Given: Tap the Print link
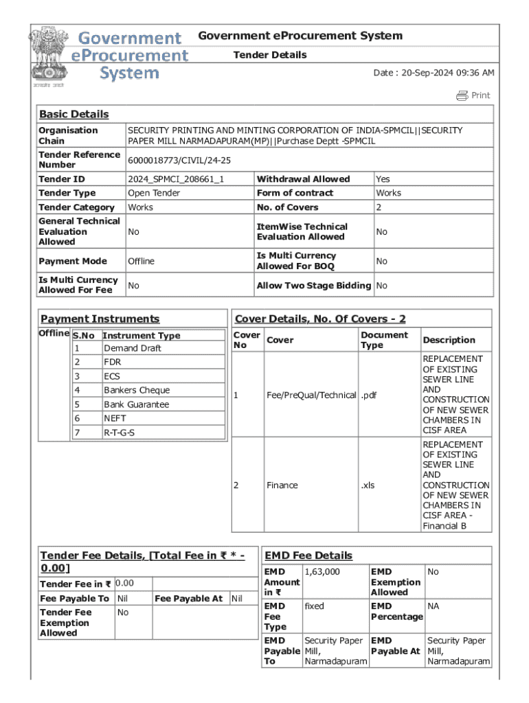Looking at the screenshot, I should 481,95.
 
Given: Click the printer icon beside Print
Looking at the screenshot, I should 462,95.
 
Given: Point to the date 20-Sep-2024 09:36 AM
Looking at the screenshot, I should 434,73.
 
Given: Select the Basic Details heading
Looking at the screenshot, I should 74,114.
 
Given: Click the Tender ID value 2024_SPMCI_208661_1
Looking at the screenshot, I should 176,179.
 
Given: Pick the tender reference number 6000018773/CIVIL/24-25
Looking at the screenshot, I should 179,160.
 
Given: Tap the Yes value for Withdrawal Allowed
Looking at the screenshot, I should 383,179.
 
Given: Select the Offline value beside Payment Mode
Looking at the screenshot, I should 141,261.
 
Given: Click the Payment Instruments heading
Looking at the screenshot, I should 100,319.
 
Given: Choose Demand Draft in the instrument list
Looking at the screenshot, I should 133,348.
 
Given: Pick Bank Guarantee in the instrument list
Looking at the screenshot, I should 136,404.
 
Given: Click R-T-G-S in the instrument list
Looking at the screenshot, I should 120,433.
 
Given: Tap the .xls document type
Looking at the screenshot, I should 369,485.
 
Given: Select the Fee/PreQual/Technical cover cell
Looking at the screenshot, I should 311,395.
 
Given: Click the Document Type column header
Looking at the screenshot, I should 384,340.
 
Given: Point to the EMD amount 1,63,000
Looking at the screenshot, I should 322,571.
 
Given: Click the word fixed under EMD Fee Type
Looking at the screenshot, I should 314,606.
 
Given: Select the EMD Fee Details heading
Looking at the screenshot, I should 308,555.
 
